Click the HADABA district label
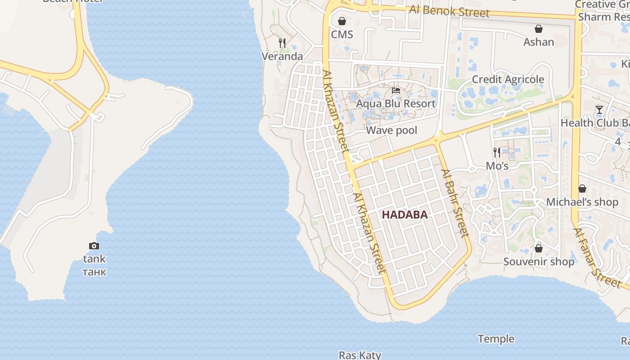405,215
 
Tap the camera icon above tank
94,246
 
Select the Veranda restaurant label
282,56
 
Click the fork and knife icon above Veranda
282,43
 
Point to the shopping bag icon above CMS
342,21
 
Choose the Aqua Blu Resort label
396,103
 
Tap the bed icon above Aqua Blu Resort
396,90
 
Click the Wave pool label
391,130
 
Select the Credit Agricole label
508,79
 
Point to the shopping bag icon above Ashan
538,29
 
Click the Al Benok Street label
449,11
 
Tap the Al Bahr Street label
455,203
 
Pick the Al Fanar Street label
597,258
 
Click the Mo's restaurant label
497,166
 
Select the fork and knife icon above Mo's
497,153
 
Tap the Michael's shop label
582,202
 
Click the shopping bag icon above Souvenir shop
538,248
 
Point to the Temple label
496,338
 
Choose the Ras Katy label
360,355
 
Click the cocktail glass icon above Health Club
599,109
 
